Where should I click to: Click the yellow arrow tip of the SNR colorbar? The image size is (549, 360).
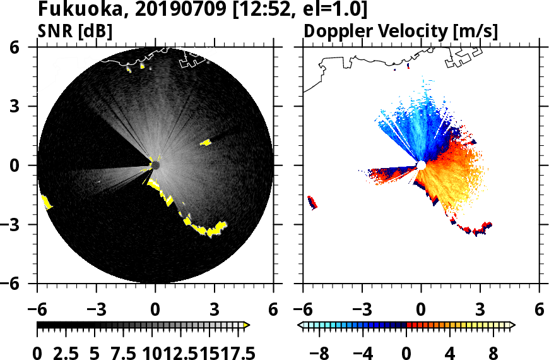247,325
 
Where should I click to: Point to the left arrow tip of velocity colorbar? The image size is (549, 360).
300,325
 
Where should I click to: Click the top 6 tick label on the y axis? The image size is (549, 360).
23,47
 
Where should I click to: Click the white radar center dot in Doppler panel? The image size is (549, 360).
421,165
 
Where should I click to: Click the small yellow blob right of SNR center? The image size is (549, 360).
206,143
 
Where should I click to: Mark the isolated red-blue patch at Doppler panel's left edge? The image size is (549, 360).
312,202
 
